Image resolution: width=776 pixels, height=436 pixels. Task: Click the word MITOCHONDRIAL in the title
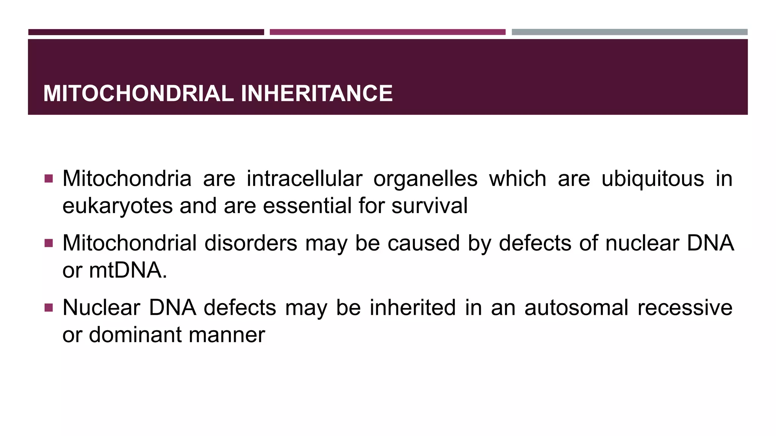[138, 93]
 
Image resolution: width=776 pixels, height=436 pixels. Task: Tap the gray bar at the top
[629, 32]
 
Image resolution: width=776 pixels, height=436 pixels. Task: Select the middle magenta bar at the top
[387, 32]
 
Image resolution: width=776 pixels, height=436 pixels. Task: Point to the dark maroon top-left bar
[146, 32]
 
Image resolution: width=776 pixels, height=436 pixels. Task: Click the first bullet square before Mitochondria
[48, 178]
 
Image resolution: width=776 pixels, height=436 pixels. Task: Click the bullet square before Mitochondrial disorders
[48, 243]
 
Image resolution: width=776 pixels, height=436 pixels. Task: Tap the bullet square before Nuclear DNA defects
[48, 307]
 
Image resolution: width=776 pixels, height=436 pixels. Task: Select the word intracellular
[304, 179]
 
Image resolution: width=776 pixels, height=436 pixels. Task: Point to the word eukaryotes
[117, 207]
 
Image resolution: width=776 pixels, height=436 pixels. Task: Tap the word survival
[429, 206]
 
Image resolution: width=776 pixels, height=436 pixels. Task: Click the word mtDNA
[128, 271]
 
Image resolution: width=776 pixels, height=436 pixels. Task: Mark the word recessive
[685, 308]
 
